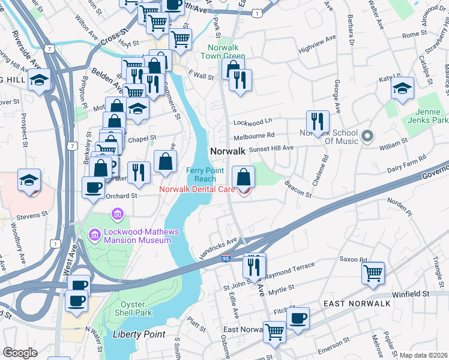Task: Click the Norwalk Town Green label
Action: click(x=226, y=52)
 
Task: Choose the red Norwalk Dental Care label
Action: click(x=197, y=190)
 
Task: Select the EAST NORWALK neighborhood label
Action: click(x=357, y=304)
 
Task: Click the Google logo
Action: click(x=20, y=353)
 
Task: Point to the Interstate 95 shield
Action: click(x=226, y=259)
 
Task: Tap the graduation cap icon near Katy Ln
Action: click(x=402, y=88)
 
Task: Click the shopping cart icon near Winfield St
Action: click(x=373, y=272)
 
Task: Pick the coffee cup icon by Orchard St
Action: click(x=93, y=187)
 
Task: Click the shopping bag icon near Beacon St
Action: click(x=243, y=176)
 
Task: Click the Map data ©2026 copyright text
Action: click(x=423, y=355)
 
